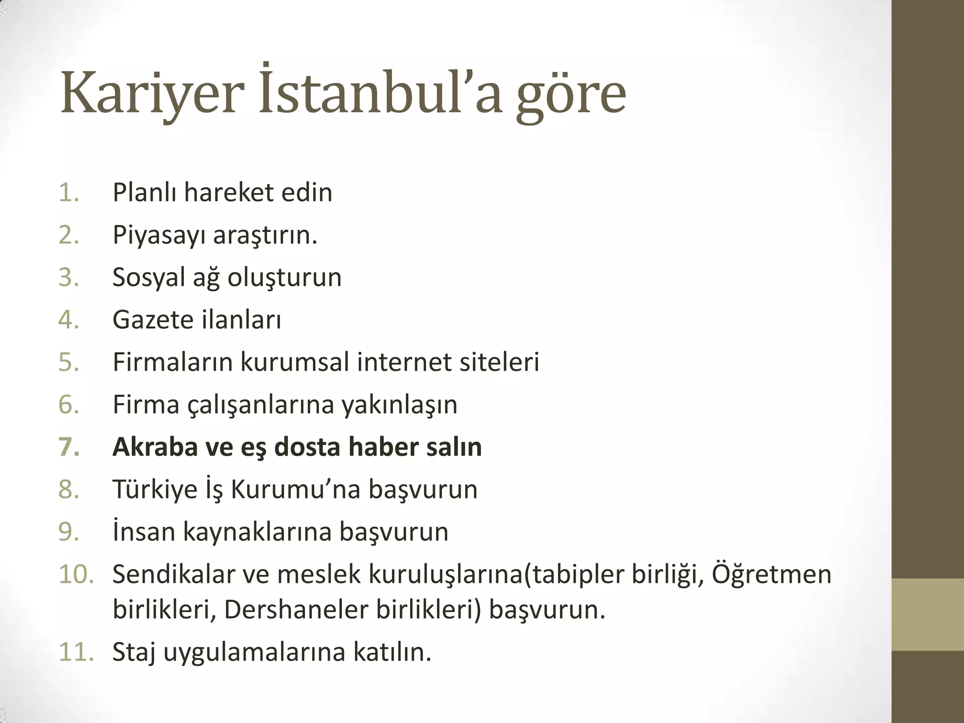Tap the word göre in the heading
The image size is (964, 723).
570,96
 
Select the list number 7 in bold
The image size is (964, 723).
69,447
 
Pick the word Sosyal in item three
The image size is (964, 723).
148,277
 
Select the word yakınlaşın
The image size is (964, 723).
399,405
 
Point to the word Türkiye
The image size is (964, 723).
155,489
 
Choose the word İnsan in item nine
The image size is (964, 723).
144,531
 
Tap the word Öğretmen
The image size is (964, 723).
771,574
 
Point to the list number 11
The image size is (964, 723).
76,652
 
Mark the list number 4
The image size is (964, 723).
69,320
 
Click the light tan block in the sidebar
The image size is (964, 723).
928,614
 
